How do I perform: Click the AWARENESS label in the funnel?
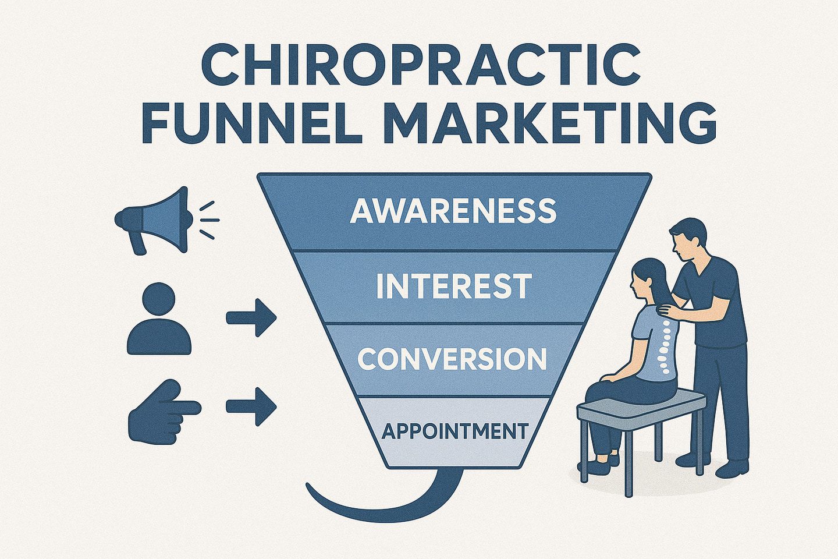pos(453,211)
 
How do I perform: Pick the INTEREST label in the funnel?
pos(453,286)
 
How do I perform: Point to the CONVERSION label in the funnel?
pos(452,359)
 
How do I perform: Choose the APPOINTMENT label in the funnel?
pos(454,431)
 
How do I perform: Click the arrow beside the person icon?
pos(251,319)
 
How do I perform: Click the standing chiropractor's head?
pos(690,239)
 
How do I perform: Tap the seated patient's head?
pos(645,279)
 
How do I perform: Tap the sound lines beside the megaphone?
pos(208,220)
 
